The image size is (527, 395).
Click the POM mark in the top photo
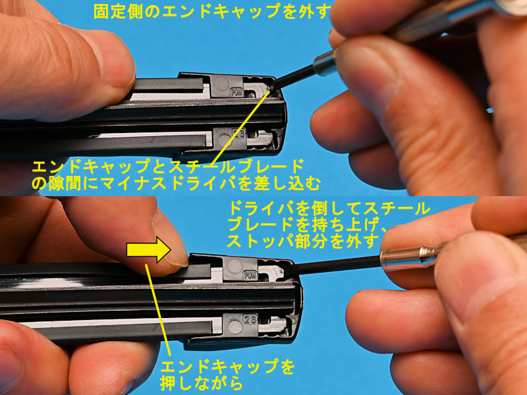[x=236, y=92]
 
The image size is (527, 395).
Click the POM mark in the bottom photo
[x=250, y=276]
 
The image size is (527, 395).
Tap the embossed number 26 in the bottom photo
[x=250, y=319]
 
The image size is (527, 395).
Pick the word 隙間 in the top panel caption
[x=66, y=184]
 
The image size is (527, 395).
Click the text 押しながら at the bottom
[x=201, y=383]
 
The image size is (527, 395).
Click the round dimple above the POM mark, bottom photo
[x=235, y=267]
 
